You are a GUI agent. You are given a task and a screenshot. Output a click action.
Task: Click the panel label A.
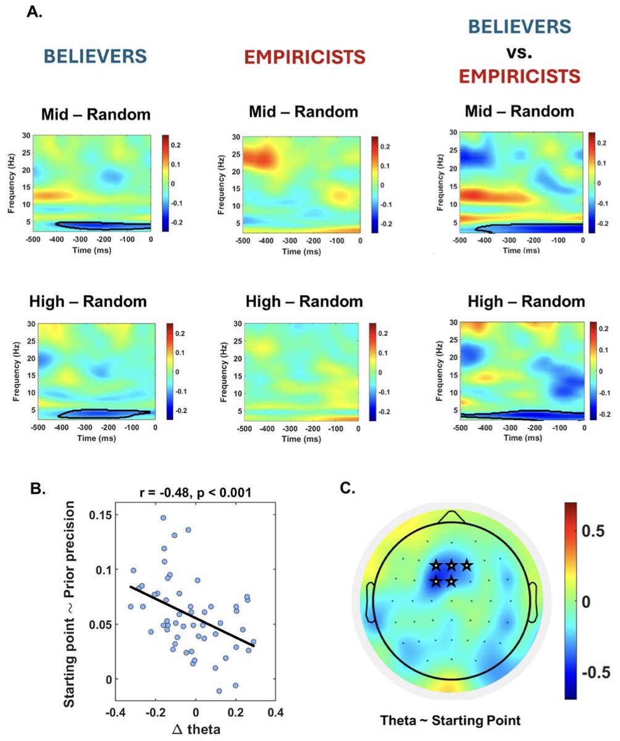[34, 12]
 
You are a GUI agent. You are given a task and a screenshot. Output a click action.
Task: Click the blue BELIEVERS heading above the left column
[95, 56]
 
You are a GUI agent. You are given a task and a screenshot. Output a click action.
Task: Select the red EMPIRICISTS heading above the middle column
[304, 57]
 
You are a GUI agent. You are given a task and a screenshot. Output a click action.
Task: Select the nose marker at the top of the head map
[451, 517]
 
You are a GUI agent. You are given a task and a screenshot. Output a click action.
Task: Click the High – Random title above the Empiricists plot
[304, 302]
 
